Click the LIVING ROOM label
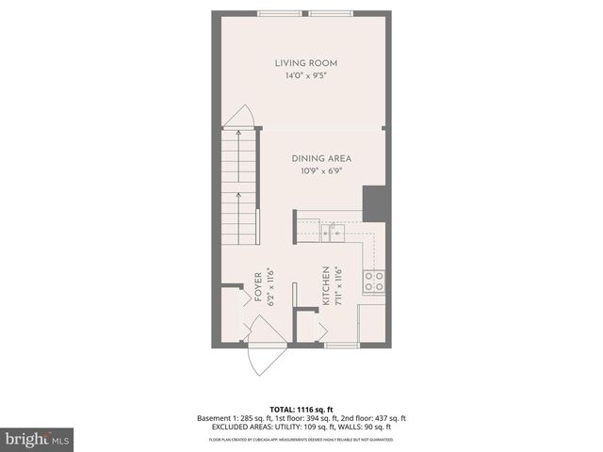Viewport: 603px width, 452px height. coord(305,63)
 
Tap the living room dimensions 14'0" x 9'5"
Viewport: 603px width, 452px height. coord(305,76)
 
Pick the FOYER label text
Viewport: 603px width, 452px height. coord(257,286)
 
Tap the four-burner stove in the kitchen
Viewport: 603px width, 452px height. coord(373,281)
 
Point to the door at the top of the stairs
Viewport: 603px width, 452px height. coord(240,118)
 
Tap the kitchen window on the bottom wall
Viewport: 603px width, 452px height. coord(340,347)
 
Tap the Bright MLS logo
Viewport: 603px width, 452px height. coord(38,439)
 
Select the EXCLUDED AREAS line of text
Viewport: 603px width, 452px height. coord(301,428)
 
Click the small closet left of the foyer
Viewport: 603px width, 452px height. coord(231,311)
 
